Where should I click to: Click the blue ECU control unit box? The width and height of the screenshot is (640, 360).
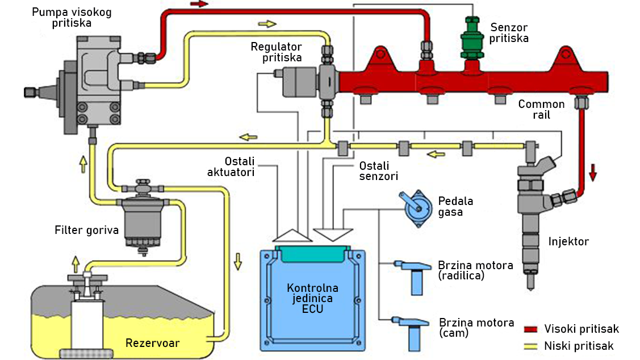tap(311, 301)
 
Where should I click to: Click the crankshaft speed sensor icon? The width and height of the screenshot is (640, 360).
tap(415, 275)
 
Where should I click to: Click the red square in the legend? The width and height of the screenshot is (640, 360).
tap(530, 329)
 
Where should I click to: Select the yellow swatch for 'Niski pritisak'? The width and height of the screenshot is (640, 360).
tap(530, 346)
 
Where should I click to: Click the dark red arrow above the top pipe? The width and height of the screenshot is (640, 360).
tap(199, 4)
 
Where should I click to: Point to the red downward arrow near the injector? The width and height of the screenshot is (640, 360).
tap(593, 171)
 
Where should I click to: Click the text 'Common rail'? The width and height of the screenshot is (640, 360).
tap(541, 110)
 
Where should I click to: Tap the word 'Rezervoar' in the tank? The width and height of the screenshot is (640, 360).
tap(152, 343)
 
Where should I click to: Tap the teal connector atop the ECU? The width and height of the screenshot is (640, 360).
tap(311, 253)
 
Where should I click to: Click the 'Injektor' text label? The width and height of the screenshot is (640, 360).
tap(568, 242)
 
